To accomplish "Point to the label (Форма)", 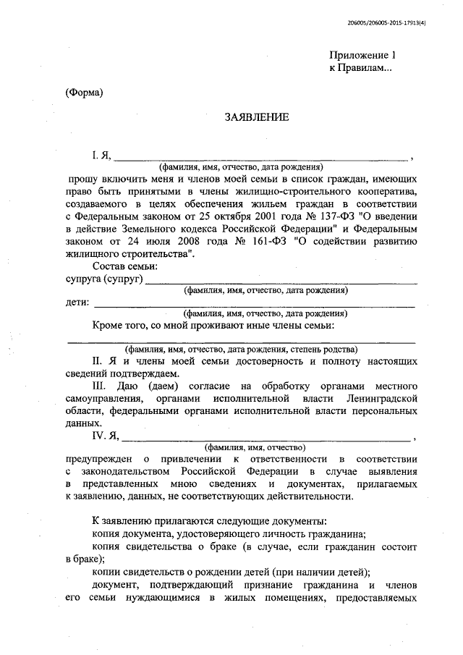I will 84,92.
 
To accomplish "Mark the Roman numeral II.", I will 99,360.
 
